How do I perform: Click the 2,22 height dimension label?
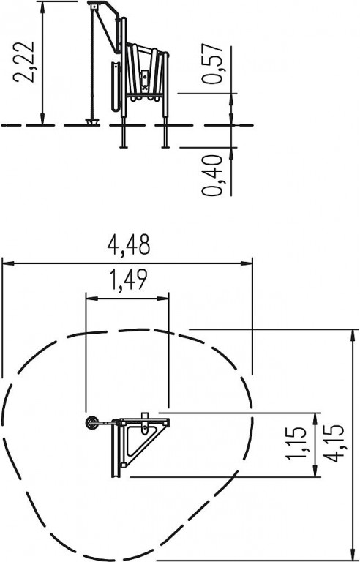pos(23,62)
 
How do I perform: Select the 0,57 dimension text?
pos(212,64)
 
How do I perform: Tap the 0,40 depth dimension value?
pos(212,176)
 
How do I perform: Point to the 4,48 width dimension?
pos(128,245)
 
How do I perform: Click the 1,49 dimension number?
pos(127,280)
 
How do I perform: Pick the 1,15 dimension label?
pos(296,443)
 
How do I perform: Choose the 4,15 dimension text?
pos(334,443)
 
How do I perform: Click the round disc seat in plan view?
pos(92,422)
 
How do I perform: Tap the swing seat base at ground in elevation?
pos(92,121)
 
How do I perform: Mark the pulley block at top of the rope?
pos(94,6)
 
